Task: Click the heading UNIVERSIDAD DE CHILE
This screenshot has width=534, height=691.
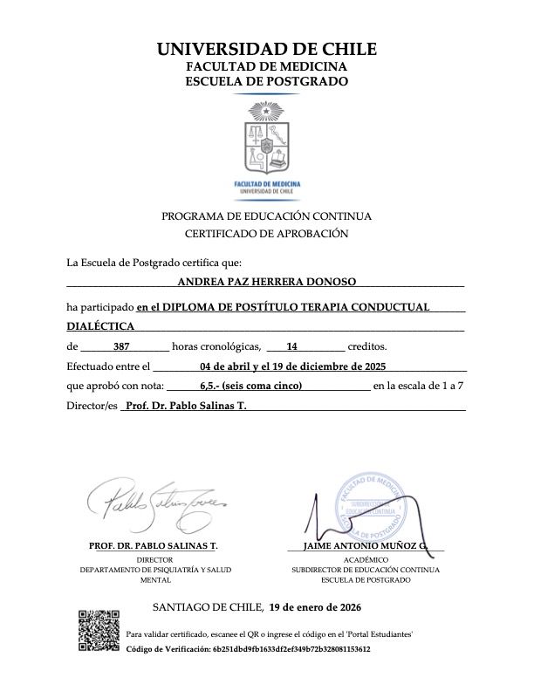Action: click(267, 49)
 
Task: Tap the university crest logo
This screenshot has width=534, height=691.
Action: click(267, 140)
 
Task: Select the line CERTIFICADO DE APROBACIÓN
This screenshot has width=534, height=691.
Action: click(267, 234)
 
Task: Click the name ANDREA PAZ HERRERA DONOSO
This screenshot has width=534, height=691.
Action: click(266, 282)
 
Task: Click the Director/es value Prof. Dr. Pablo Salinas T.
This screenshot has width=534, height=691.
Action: click(186, 406)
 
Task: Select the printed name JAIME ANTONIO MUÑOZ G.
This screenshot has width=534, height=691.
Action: click(366, 547)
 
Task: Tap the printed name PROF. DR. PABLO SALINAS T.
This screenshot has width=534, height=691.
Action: click(154, 547)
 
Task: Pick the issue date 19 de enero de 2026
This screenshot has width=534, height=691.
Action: click(315, 606)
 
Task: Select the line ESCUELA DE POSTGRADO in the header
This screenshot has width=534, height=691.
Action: click(267, 82)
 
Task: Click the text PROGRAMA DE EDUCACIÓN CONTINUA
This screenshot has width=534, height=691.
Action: click(267, 216)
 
